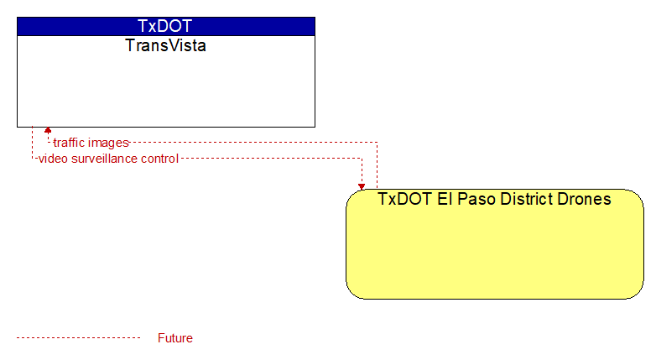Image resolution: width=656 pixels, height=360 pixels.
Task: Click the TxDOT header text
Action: (x=164, y=26)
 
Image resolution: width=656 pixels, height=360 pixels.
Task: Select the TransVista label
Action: (x=165, y=45)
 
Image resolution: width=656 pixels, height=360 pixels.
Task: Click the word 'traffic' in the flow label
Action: (x=69, y=143)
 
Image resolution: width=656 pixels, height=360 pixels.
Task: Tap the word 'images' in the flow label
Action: (x=108, y=143)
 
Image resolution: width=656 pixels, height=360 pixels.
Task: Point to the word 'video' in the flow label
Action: (x=54, y=159)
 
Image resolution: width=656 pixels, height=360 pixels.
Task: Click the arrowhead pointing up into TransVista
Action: (x=48, y=130)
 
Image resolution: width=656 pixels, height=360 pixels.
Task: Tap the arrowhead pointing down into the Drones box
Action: (x=362, y=186)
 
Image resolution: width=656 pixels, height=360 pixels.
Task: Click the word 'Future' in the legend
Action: (x=175, y=338)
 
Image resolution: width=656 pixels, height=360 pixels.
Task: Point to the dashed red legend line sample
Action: (x=78, y=338)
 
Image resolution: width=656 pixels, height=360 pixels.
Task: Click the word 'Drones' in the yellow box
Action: (x=584, y=199)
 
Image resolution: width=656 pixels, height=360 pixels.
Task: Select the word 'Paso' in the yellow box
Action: (x=476, y=199)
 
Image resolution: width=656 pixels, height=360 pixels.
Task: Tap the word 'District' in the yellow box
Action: (x=527, y=199)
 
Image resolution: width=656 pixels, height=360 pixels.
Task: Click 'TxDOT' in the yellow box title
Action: (x=405, y=199)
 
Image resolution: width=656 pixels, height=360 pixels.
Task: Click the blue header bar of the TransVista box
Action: (x=166, y=26)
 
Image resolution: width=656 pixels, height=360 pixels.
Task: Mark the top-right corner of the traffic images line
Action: (x=377, y=143)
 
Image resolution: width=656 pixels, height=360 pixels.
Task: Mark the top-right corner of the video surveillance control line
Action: (x=362, y=159)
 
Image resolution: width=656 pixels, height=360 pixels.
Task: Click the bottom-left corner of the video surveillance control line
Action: (x=32, y=159)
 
